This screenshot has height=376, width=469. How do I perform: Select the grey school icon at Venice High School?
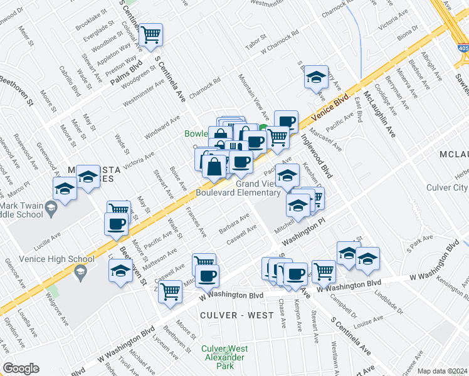80,272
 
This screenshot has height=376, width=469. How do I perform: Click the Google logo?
21,368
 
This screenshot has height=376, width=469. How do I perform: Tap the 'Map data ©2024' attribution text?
442,371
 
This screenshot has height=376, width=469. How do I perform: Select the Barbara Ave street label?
234,222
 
